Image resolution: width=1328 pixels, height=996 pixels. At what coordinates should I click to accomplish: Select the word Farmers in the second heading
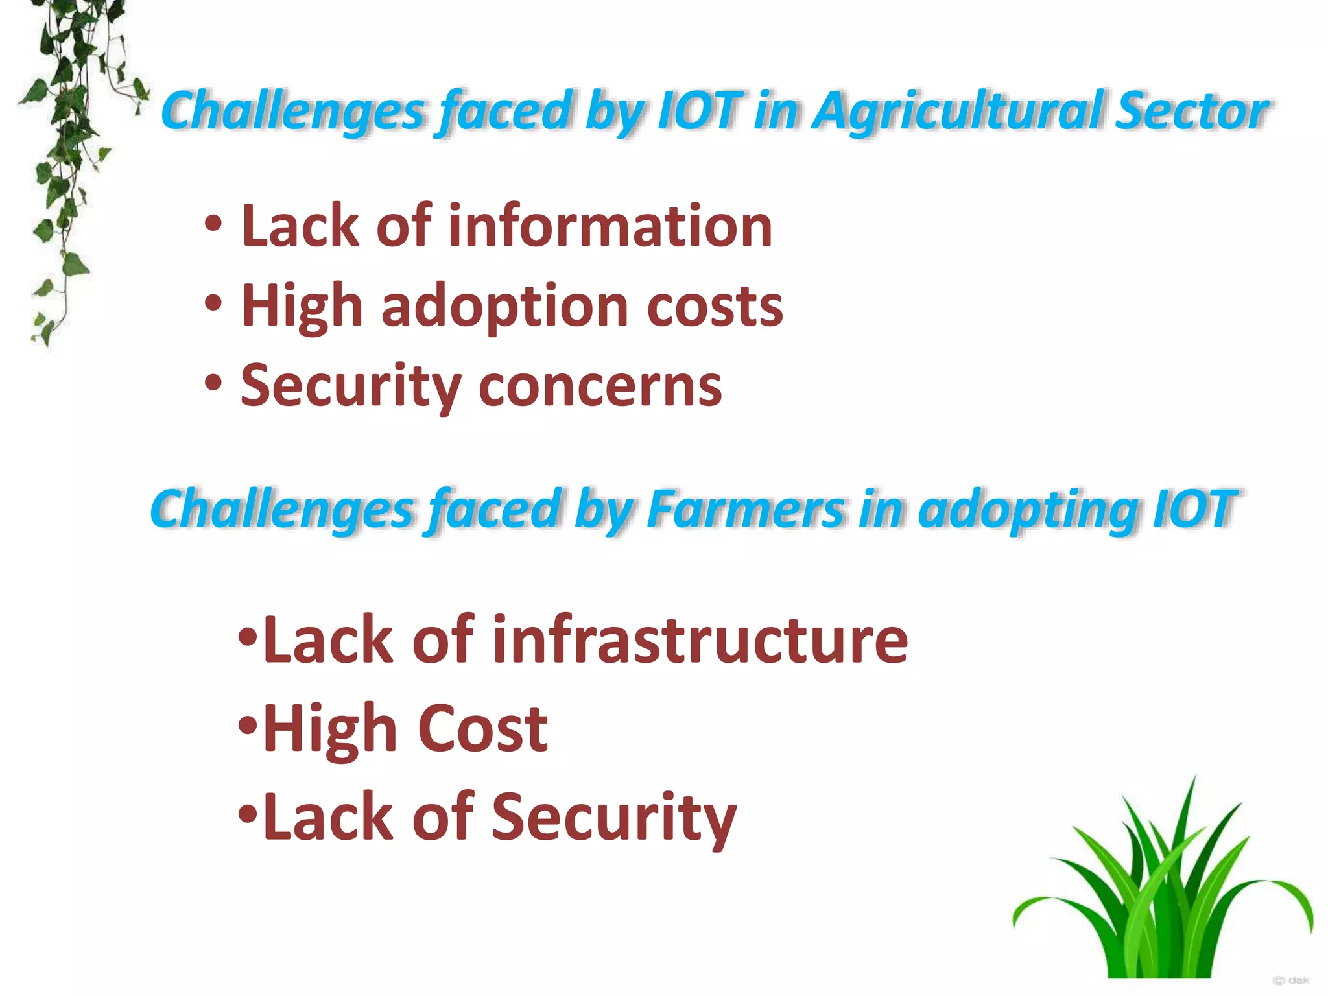(746, 509)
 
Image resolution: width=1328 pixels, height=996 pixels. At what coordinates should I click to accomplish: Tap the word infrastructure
(700, 640)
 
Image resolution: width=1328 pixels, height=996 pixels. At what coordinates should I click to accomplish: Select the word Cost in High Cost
(483, 729)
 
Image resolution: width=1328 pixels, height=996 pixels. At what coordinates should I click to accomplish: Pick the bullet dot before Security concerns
(213, 383)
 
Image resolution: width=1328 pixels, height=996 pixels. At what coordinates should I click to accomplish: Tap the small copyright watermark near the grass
(1290, 980)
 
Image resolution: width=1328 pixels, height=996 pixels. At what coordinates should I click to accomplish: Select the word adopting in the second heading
(1028, 509)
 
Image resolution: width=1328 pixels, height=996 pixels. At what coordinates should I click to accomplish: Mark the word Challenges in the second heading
(282, 509)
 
